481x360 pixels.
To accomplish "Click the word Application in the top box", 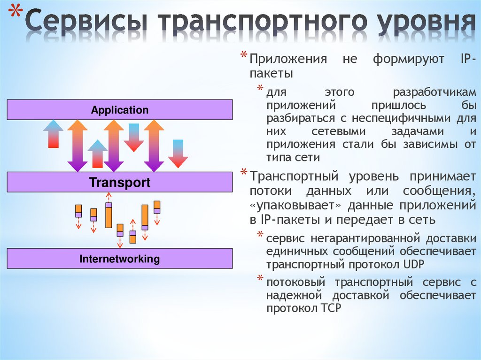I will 120,110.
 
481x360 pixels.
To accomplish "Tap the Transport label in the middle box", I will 120,183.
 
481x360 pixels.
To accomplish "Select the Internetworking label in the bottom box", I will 120,259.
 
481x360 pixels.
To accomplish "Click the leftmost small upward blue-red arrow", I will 54,134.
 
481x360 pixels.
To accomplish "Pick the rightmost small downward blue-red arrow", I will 178,153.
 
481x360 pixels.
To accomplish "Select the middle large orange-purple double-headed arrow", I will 114,146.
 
